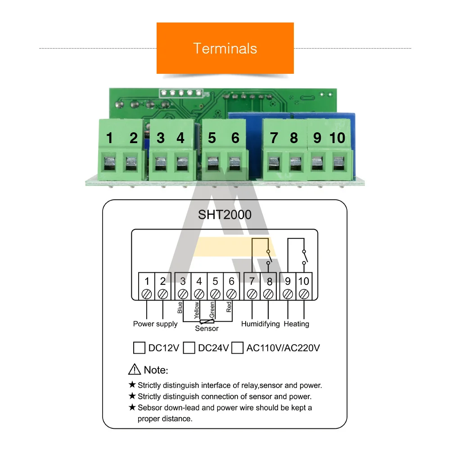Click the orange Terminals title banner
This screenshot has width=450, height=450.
(225, 48)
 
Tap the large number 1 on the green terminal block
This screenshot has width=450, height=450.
(109, 138)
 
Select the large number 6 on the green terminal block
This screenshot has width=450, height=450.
(235, 138)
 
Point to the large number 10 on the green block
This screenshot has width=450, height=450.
(337, 138)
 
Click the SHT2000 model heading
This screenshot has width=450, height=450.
(225, 215)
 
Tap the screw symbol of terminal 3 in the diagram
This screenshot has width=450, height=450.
(183, 294)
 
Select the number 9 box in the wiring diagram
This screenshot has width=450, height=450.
(288, 281)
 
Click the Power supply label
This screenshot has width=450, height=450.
(155, 324)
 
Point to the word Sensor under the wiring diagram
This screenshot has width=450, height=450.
(207, 328)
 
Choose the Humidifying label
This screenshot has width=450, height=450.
(260, 324)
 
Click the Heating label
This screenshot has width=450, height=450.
(297, 324)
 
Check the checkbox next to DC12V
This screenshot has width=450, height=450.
(139, 348)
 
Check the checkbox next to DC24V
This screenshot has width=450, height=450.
(189, 348)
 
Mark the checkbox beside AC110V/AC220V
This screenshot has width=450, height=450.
(237, 348)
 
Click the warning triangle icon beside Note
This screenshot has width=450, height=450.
(135, 370)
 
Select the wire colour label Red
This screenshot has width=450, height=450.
(229, 307)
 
